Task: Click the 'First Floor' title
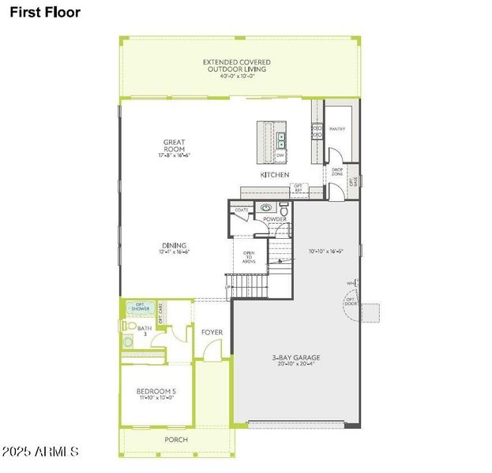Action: click(x=45, y=13)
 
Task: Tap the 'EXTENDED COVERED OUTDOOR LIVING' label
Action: click(x=237, y=65)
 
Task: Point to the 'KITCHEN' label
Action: click(x=275, y=174)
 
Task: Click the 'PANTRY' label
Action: click(x=337, y=128)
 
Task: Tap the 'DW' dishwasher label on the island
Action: click(x=280, y=155)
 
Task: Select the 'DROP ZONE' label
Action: click(x=336, y=172)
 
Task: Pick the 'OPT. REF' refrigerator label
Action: click(x=298, y=188)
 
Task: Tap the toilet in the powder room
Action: click(x=284, y=209)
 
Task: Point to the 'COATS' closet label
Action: click(x=241, y=210)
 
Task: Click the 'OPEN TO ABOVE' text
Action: click(x=248, y=258)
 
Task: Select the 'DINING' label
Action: click(x=175, y=245)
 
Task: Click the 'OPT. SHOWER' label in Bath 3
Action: click(x=140, y=307)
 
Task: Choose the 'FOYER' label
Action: click(x=212, y=332)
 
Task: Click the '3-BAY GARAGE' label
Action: click(x=298, y=358)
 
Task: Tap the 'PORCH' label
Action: click(x=175, y=439)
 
